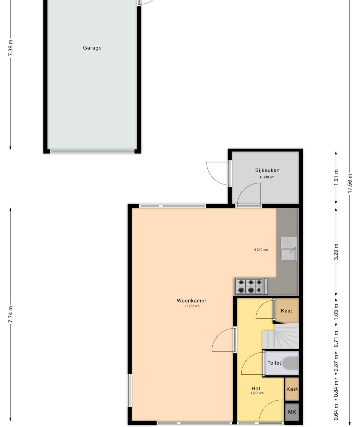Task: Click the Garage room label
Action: click(92, 48)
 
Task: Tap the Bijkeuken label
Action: click(267, 170)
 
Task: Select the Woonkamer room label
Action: click(191, 301)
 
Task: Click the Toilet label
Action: click(274, 363)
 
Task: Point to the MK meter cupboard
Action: click(292, 412)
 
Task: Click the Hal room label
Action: click(256, 388)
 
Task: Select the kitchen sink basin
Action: click(289, 255)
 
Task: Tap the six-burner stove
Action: click(251, 287)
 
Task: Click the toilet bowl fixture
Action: click(291, 363)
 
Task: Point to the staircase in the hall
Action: click(280, 336)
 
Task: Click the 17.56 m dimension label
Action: click(350, 183)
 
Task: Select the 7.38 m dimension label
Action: click(11, 48)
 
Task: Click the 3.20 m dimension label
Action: click(336, 252)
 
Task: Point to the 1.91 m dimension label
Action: click(336, 177)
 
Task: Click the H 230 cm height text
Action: click(267, 177)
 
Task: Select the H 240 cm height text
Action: click(260, 250)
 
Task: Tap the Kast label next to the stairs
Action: click(286, 311)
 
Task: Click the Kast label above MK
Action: click(292, 389)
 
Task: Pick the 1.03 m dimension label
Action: click(336, 312)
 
